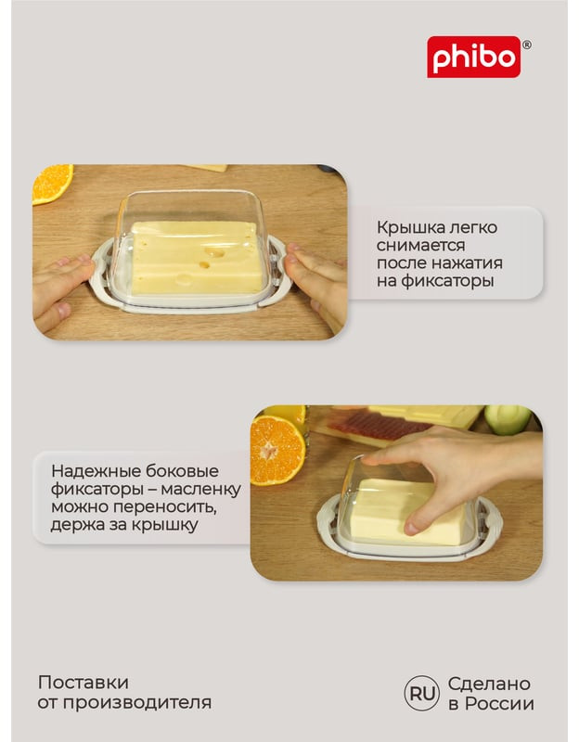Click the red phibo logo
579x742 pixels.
[x=473, y=57]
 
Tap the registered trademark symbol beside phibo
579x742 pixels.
[x=526, y=45]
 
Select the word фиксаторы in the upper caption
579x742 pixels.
[x=447, y=282]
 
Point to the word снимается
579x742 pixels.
[x=421, y=246]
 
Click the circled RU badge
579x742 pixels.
[x=422, y=693]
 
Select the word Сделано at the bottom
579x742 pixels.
[x=489, y=684]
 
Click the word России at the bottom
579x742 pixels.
[x=499, y=704]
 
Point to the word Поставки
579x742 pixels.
[x=84, y=683]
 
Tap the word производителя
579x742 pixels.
[x=136, y=703]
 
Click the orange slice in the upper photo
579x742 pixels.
[x=52, y=183]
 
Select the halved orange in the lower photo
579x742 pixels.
[x=277, y=451]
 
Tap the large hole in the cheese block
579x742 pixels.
[x=214, y=252]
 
